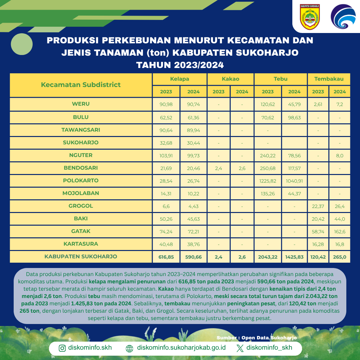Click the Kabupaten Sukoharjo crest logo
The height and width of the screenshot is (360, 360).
(x=310, y=17)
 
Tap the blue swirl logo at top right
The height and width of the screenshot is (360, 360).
(x=341, y=17)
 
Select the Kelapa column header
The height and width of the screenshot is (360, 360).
(x=180, y=79)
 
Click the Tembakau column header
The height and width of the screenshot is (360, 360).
(x=329, y=79)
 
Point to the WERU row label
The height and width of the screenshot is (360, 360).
(x=81, y=104)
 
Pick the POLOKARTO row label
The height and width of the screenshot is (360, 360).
(x=81, y=181)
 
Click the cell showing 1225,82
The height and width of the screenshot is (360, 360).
(x=268, y=181)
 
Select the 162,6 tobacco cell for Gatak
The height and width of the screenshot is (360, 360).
(x=340, y=231)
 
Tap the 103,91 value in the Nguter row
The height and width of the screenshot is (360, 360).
(x=166, y=155)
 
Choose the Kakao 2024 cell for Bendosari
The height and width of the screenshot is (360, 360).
(x=242, y=168)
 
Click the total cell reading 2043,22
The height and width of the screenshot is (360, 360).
(x=268, y=257)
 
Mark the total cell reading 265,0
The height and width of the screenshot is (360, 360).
(x=340, y=257)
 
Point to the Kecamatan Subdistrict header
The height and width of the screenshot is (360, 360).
(x=81, y=85)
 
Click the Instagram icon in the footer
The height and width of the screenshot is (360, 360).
(x=62, y=348)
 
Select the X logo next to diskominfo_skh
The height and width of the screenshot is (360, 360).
(x=240, y=348)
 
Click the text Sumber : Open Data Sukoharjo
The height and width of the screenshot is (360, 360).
(x=256, y=338)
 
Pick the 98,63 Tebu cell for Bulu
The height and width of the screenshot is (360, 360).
(x=294, y=117)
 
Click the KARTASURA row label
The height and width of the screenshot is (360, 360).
(x=81, y=244)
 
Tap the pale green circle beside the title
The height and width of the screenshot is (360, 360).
(x=22, y=44)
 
